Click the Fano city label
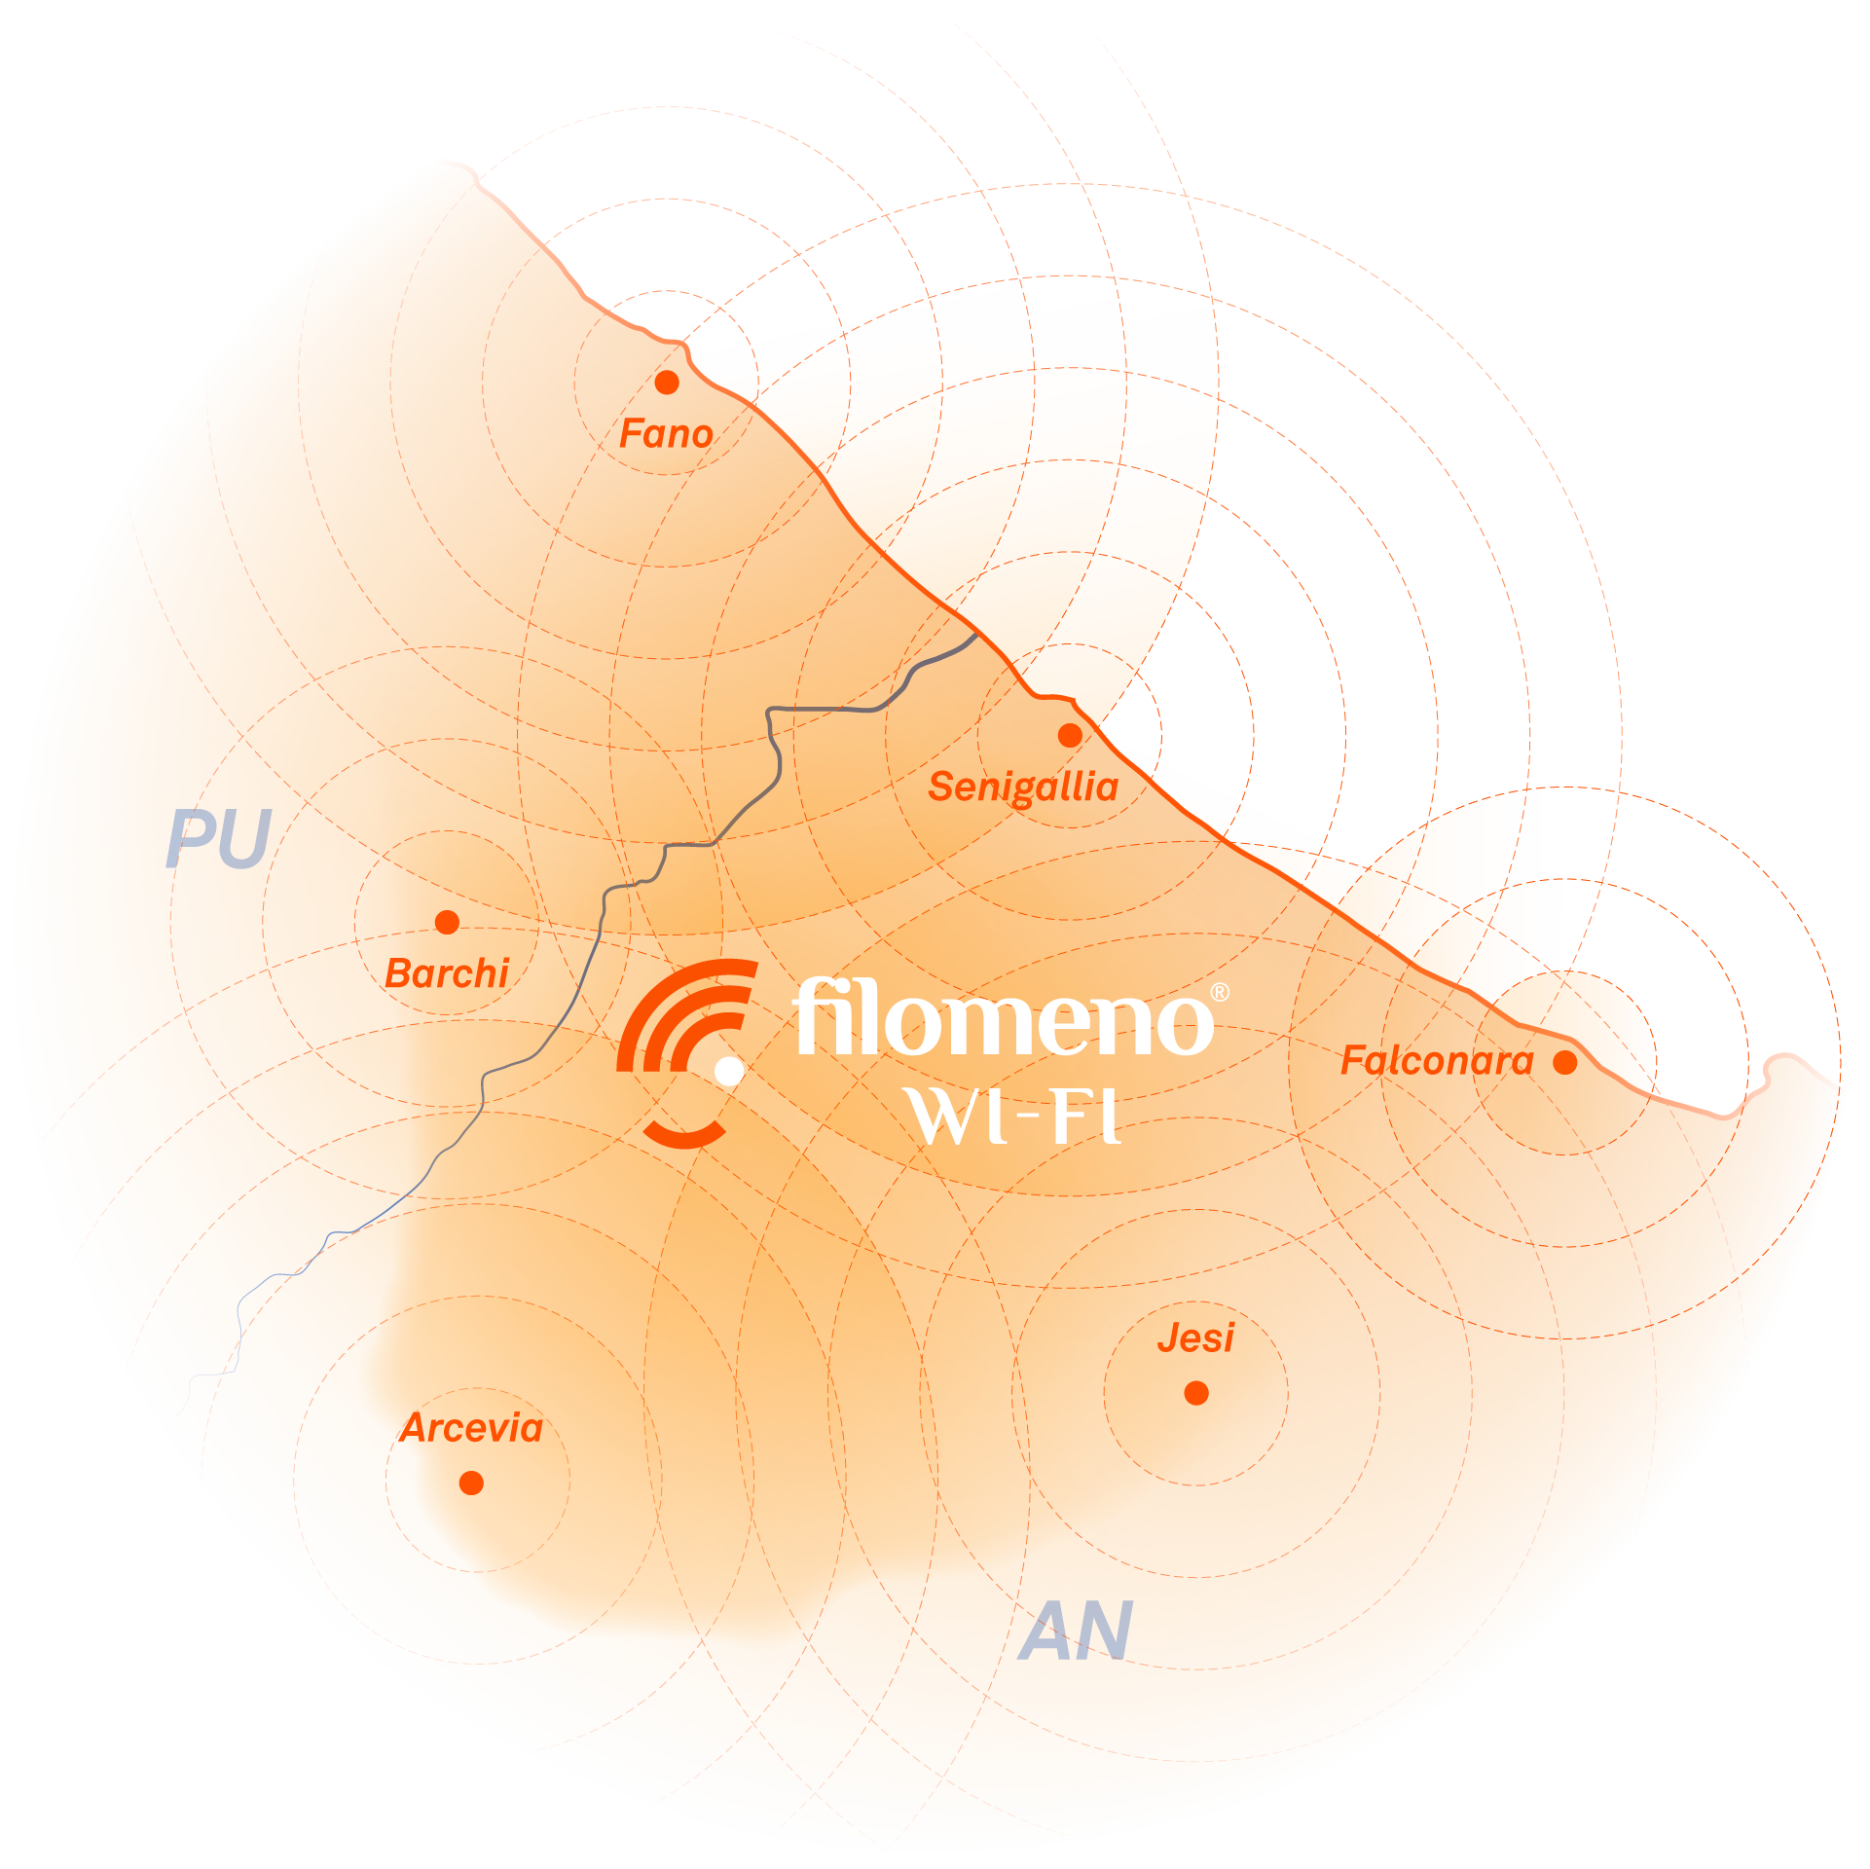pos(666,434)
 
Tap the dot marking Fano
pos(667,383)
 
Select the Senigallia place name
pos(1023,787)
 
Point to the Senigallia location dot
pos(1070,735)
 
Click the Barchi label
pos(447,973)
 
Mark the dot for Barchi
pos(447,922)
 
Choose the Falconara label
pos(1437,1060)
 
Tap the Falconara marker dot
pos(1565,1062)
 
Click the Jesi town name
pos(1195,1338)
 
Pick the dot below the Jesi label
pos(1196,1393)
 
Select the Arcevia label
pos(471,1428)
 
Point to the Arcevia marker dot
pos(471,1483)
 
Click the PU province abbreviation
pos(218,839)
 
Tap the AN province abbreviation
pos(1076,1632)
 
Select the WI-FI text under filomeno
pos(1013,1116)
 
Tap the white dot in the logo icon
pos(729,1071)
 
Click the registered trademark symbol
pos(1219,992)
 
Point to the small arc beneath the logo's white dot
pos(684,1134)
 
